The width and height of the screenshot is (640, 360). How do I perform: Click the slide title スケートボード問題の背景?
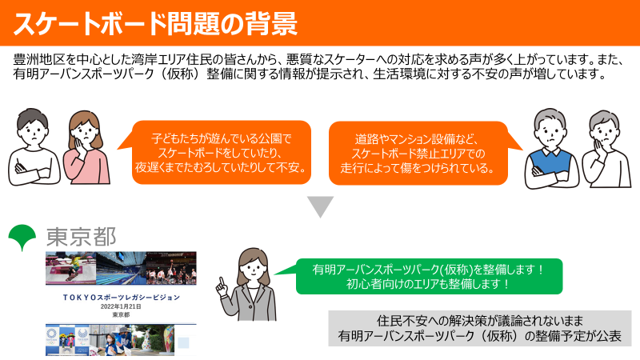pyautogui.click(x=155, y=24)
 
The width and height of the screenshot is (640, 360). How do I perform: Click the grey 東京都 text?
pyautogui.click(x=82, y=237)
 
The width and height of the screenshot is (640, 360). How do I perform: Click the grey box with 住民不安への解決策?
pyautogui.click(x=479, y=329)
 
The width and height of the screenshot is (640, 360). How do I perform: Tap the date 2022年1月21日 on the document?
pyautogui.click(x=121, y=306)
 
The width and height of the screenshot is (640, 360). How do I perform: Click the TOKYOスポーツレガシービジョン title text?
pyautogui.click(x=122, y=298)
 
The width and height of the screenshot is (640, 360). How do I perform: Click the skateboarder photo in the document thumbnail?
pyautogui.click(x=70, y=268)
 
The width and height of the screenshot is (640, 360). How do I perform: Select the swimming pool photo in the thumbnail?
pyautogui.click(x=122, y=268)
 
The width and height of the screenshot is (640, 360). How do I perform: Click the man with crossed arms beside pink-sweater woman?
pyautogui.click(x=33, y=147)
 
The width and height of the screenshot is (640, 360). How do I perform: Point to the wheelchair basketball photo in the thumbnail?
pyautogui.click(x=171, y=268)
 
